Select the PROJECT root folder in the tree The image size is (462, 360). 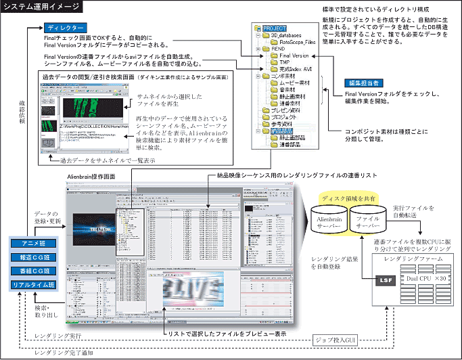[x=275, y=29]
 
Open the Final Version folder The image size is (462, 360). [x=293, y=56]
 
